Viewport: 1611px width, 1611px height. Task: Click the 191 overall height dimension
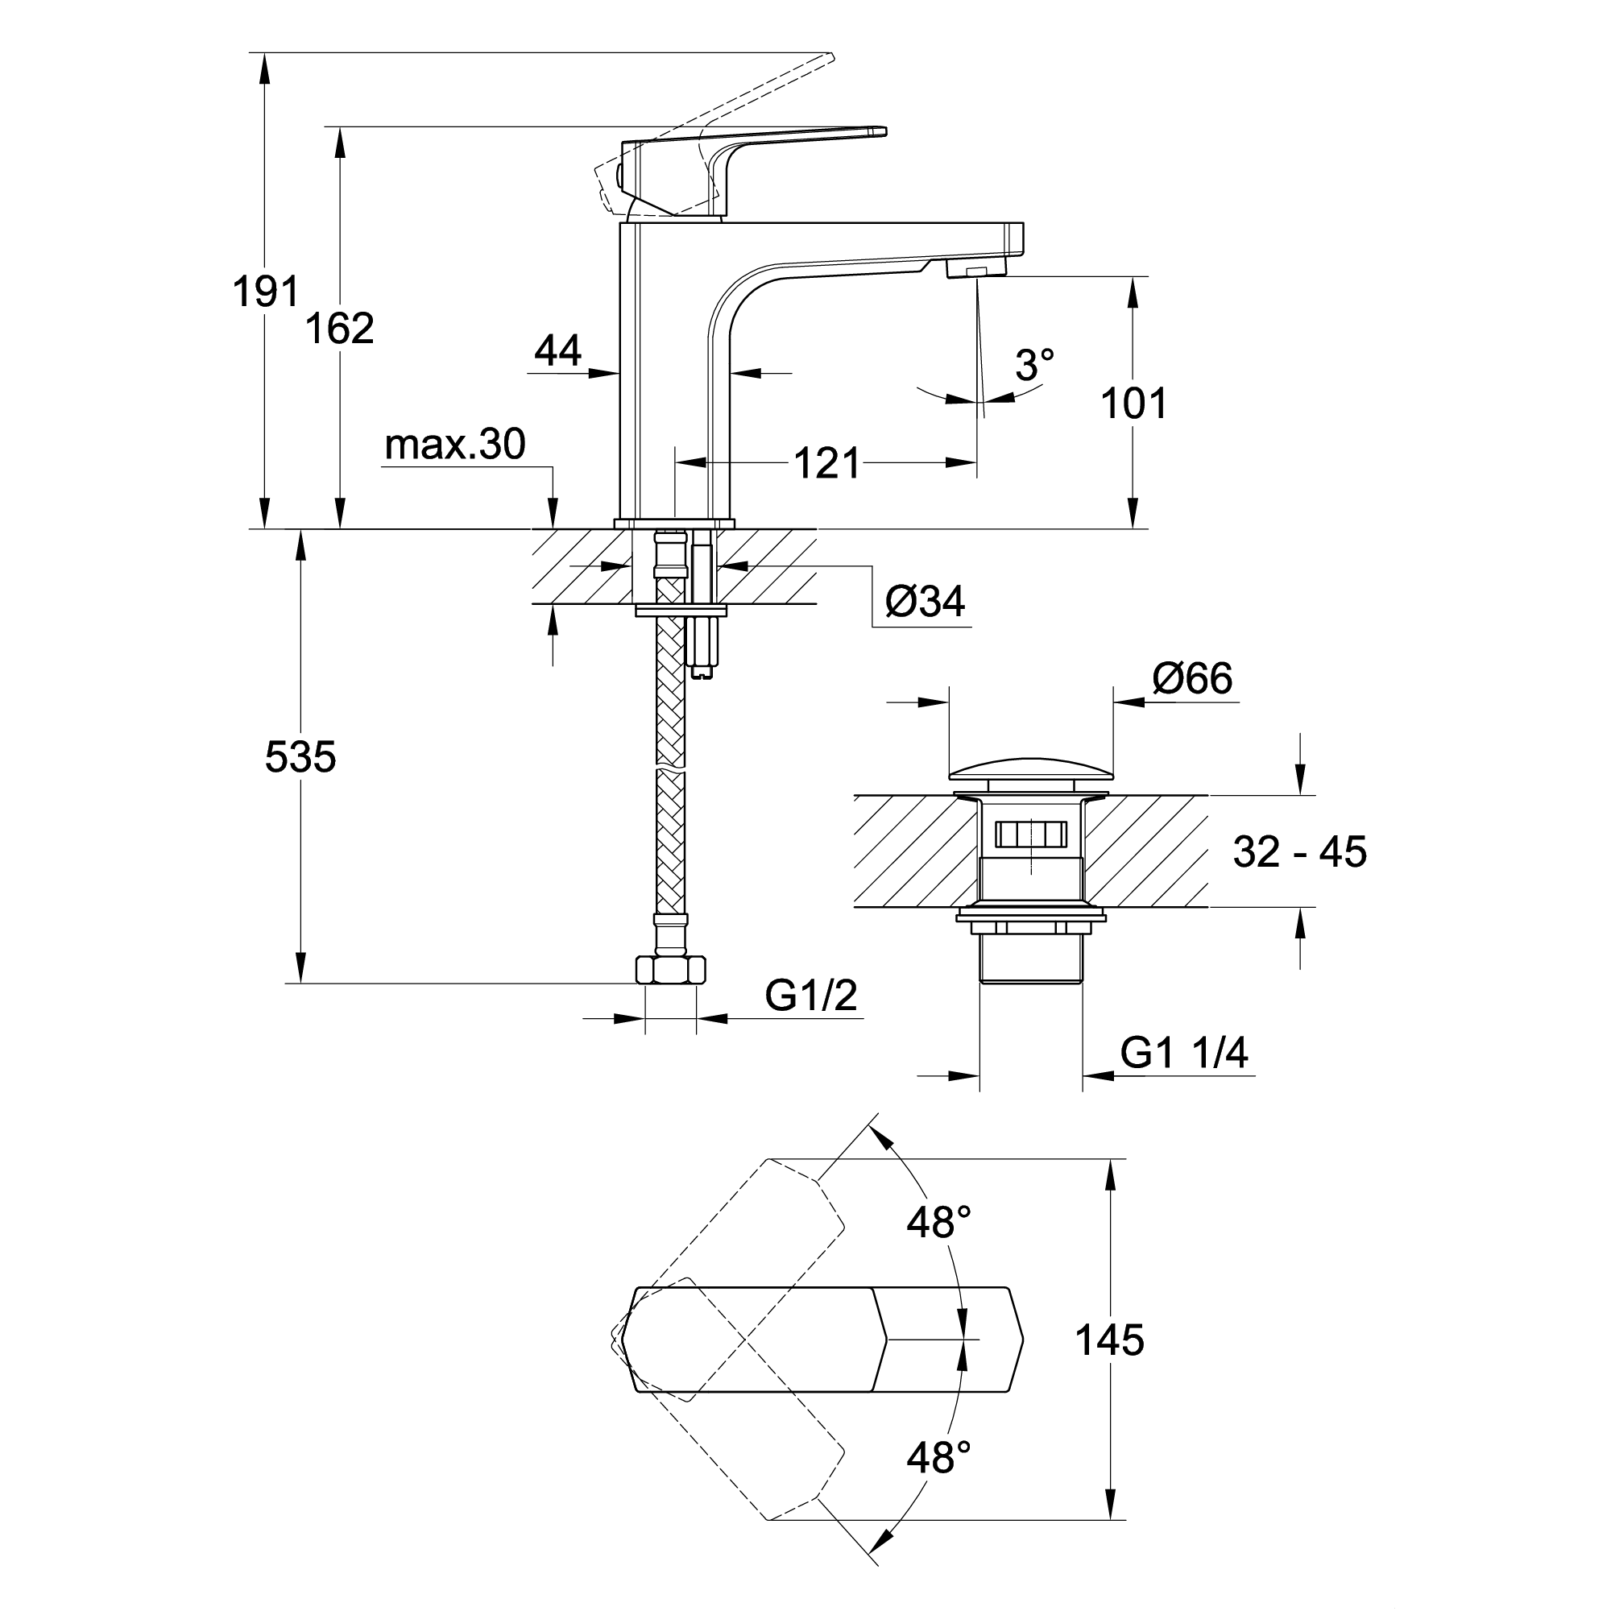(x=265, y=292)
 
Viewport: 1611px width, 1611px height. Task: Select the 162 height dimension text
(x=339, y=329)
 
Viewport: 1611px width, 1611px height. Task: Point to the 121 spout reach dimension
(x=826, y=463)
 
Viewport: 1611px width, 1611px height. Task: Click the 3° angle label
(x=1034, y=365)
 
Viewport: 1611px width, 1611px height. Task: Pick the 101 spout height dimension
(x=1133, y=404)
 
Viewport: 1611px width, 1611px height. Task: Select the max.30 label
(x=454, y=445)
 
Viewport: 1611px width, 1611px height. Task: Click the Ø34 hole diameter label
(x=924, y=601)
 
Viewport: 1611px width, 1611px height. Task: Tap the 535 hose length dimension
(x=300, y=757)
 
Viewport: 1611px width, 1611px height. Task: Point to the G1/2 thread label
(x=810, y=995)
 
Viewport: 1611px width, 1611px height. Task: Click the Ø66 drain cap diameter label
(x=1191, y=678)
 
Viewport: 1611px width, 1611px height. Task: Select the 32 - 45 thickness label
(x=1299, y=852)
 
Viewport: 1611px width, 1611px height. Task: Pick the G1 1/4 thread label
(x=1183, y=1053)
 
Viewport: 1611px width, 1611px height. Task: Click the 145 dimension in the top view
(x=1109, y=1340)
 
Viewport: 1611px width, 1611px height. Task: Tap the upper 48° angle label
(x=939, y=1224)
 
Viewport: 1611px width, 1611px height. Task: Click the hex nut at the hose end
(x=670, y=970)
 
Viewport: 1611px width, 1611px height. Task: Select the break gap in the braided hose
(x=670, y=767)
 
